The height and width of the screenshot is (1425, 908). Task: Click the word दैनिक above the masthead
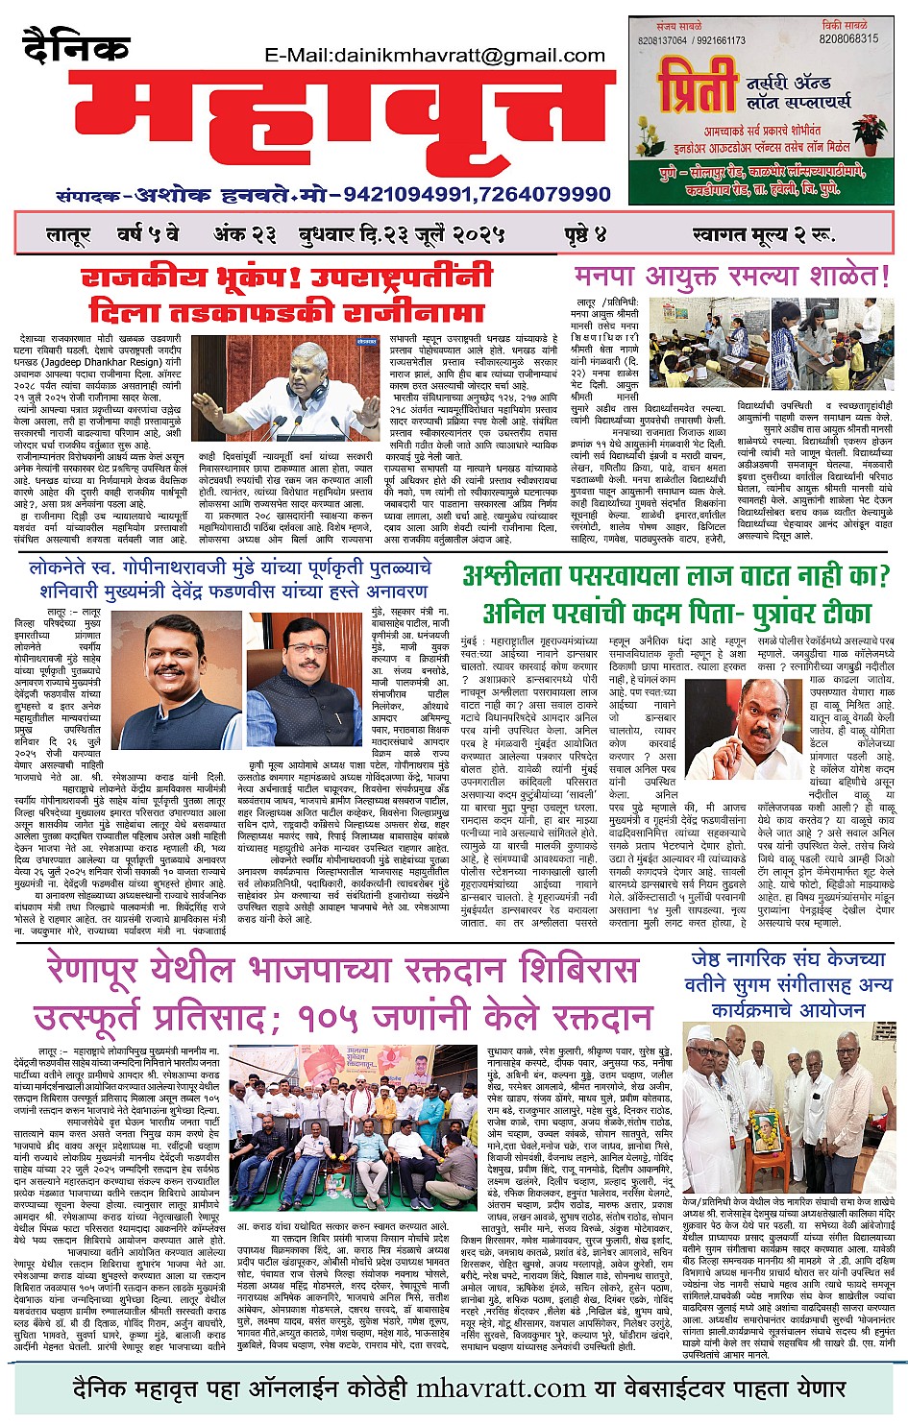75,48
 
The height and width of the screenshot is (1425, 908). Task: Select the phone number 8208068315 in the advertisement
848,39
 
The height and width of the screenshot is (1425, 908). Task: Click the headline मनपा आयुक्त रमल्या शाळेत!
732,278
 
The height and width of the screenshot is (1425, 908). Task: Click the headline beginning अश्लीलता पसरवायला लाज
676,577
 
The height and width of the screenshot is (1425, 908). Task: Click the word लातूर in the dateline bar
68,235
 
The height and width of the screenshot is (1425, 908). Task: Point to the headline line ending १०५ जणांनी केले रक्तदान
342,1016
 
